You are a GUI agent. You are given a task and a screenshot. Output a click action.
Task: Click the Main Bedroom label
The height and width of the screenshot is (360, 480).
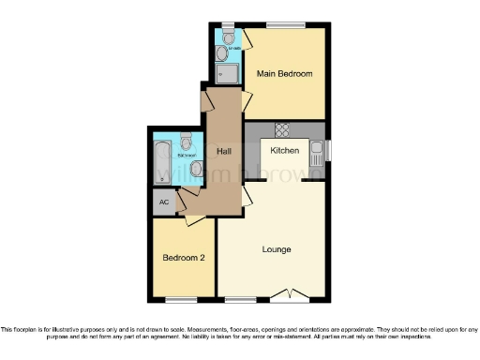(285, 73)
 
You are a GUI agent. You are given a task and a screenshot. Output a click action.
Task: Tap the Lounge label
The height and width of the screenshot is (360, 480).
(277, 249)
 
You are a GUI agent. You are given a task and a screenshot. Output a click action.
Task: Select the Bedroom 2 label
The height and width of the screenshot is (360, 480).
(183, 258)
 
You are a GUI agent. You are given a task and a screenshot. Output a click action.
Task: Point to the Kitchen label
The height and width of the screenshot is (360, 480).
(285, 150)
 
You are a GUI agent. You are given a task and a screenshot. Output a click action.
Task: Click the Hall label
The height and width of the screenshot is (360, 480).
(224, 150)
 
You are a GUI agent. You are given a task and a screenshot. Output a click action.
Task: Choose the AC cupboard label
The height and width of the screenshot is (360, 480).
(164, 202)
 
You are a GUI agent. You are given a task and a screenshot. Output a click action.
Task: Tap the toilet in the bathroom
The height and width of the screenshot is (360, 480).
(186, 142)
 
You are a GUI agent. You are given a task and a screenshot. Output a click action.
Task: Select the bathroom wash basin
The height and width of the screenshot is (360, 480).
(195, 169)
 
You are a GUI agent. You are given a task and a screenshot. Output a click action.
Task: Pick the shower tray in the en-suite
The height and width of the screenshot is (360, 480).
(227, 73)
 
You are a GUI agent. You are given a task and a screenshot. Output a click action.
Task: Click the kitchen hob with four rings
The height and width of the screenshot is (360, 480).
(281, 129)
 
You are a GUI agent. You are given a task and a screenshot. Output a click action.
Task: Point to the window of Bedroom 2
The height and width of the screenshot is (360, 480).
(183, 300)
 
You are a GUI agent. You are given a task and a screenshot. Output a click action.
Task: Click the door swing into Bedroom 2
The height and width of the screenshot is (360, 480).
(195, 219)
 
